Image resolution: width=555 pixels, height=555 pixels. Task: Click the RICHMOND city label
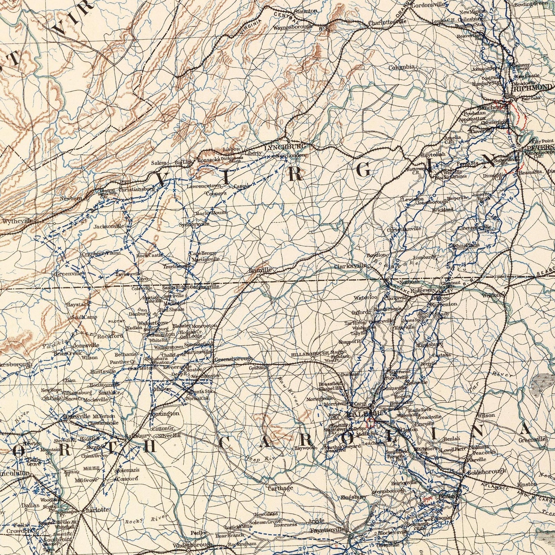click(533, 87)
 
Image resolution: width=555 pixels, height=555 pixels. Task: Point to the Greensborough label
click(233, 359)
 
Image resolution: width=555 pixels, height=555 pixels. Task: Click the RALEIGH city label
click(364, 413)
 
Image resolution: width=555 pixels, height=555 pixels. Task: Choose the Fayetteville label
click(327, 530)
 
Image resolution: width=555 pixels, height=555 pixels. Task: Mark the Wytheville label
click(17, 221)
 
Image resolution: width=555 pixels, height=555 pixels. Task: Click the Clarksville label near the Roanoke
click(350, 266)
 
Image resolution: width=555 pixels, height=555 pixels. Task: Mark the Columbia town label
click(401, 67)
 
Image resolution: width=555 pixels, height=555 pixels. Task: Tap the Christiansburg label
click(136, 189)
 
